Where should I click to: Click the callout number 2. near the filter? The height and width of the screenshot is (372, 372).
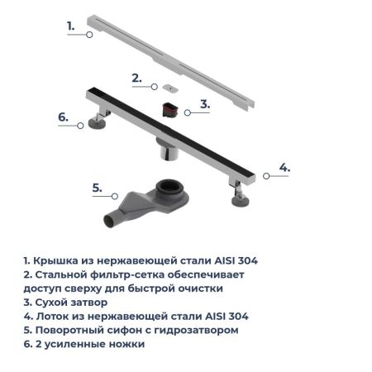pos(137,79)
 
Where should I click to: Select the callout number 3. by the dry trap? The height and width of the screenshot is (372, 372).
pos(205,105)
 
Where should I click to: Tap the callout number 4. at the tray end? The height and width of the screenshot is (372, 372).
pos(284,167)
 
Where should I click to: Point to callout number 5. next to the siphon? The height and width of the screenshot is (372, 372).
pos(97,188)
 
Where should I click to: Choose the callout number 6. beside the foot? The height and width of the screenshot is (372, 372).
pos(63,117)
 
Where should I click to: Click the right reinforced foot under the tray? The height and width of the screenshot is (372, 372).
pos(241,198)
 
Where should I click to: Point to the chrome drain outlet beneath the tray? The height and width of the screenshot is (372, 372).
pos(166,153)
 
